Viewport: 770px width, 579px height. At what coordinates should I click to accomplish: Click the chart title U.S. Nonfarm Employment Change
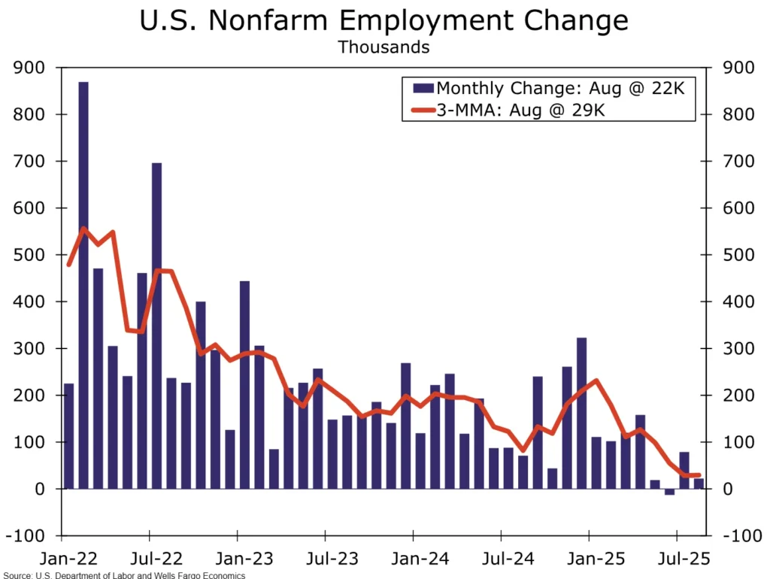tap(384, 20)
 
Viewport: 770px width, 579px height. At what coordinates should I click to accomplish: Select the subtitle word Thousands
tap(383, 47)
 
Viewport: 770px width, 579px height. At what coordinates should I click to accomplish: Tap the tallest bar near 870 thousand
tap(83, 286)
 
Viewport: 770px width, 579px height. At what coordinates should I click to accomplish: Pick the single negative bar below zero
tap(669, 492)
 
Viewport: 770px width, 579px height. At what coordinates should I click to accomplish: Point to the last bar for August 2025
tap(699, 484)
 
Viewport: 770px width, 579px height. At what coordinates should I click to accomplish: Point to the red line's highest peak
tap(83, 229)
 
